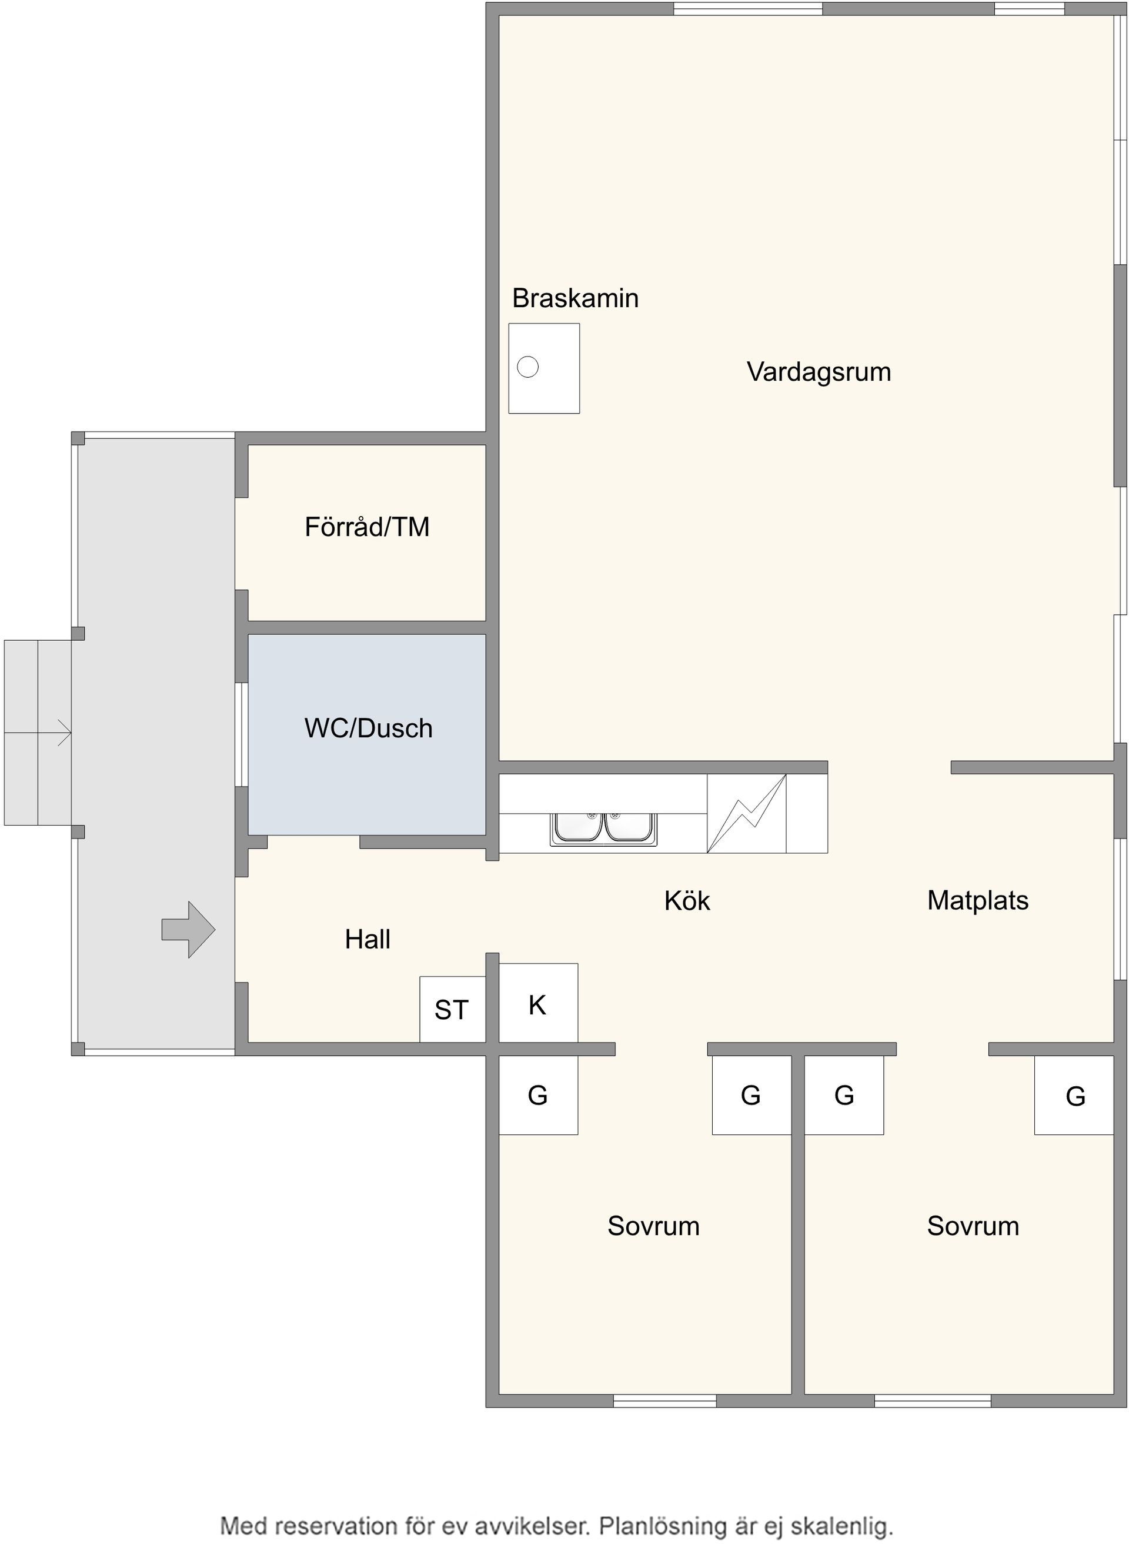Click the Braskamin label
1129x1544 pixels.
576,298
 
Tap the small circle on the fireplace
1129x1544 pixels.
527,367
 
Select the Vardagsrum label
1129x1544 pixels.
819,372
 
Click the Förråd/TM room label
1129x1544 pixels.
367,527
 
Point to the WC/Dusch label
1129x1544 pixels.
368,728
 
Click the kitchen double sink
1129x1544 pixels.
603,828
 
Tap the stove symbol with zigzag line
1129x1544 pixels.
746,814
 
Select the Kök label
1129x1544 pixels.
687,901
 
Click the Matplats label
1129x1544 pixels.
978,900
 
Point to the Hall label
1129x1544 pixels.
368,940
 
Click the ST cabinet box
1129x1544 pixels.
452,1009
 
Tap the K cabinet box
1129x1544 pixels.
538,1003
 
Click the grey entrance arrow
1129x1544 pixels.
189,930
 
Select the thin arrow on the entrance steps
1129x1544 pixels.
38,733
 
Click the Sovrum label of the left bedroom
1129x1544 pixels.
653,1226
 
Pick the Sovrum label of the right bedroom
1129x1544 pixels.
973,1226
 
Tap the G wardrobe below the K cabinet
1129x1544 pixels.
538,1096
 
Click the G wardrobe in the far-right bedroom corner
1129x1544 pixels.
1074,1096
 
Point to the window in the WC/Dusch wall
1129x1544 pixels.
241,734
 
